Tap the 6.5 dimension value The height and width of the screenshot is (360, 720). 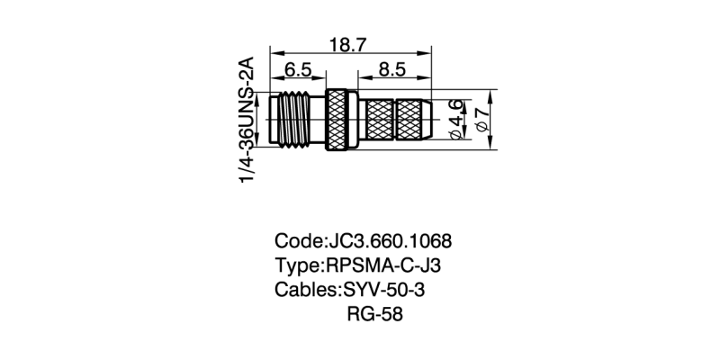tap(299, 70)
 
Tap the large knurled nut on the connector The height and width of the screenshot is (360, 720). tap(338, 118)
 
